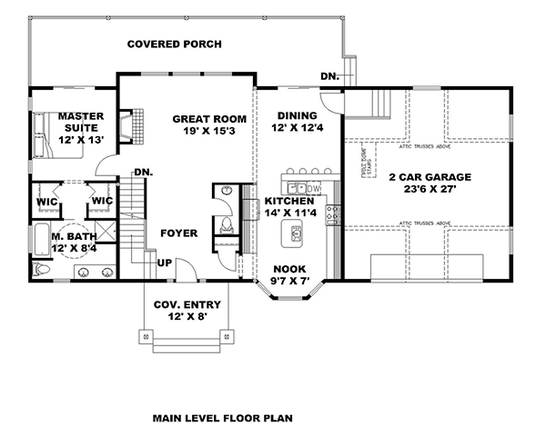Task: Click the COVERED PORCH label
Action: (x=175, y=44)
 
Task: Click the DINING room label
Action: (x=298, y=116)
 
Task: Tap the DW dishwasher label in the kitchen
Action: (x=313, y=188)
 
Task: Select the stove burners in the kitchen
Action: (x=333, y=214)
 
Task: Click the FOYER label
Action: (x=178, y=233)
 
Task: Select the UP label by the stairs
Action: (x=165, y=263)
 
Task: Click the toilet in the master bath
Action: (x=41, y=271)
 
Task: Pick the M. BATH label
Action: (x=74, y=236)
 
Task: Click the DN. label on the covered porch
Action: (x=329, y=76)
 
